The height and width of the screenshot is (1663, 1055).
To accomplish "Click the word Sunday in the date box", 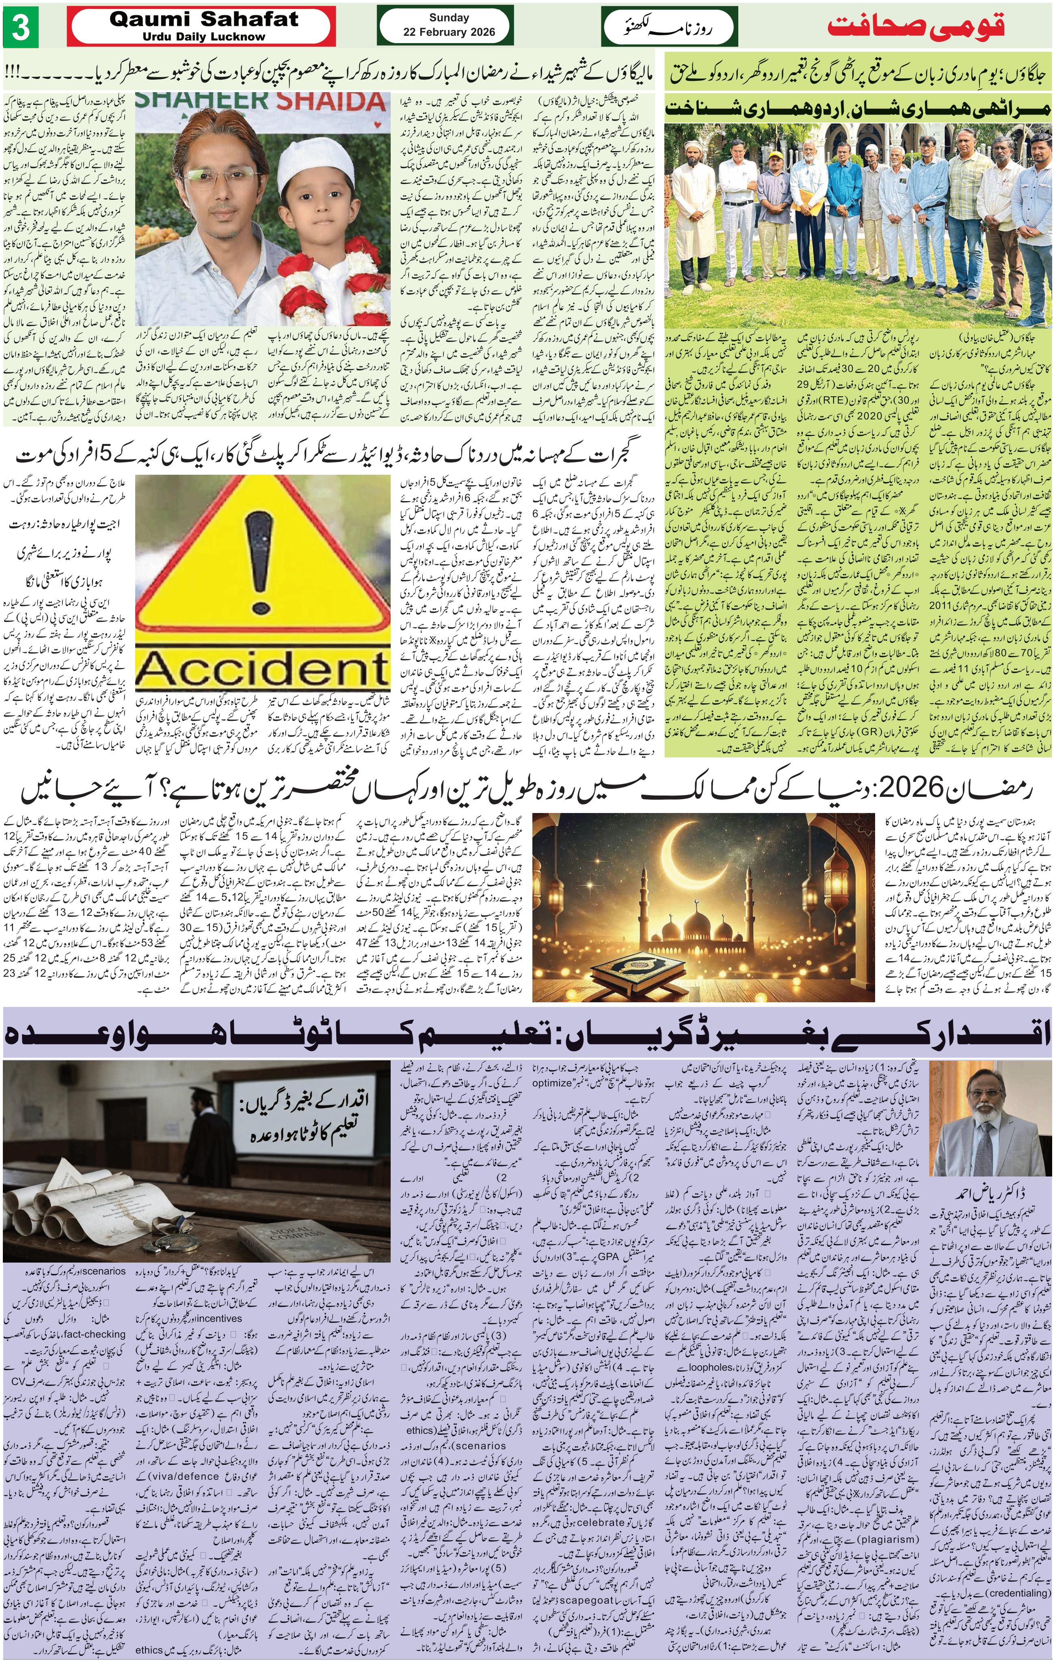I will pos(449,18).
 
